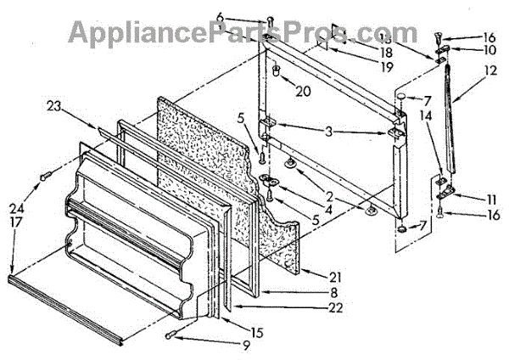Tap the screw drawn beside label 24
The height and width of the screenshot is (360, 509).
coord(44,177)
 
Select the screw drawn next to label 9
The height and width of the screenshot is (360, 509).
coord(174,335)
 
